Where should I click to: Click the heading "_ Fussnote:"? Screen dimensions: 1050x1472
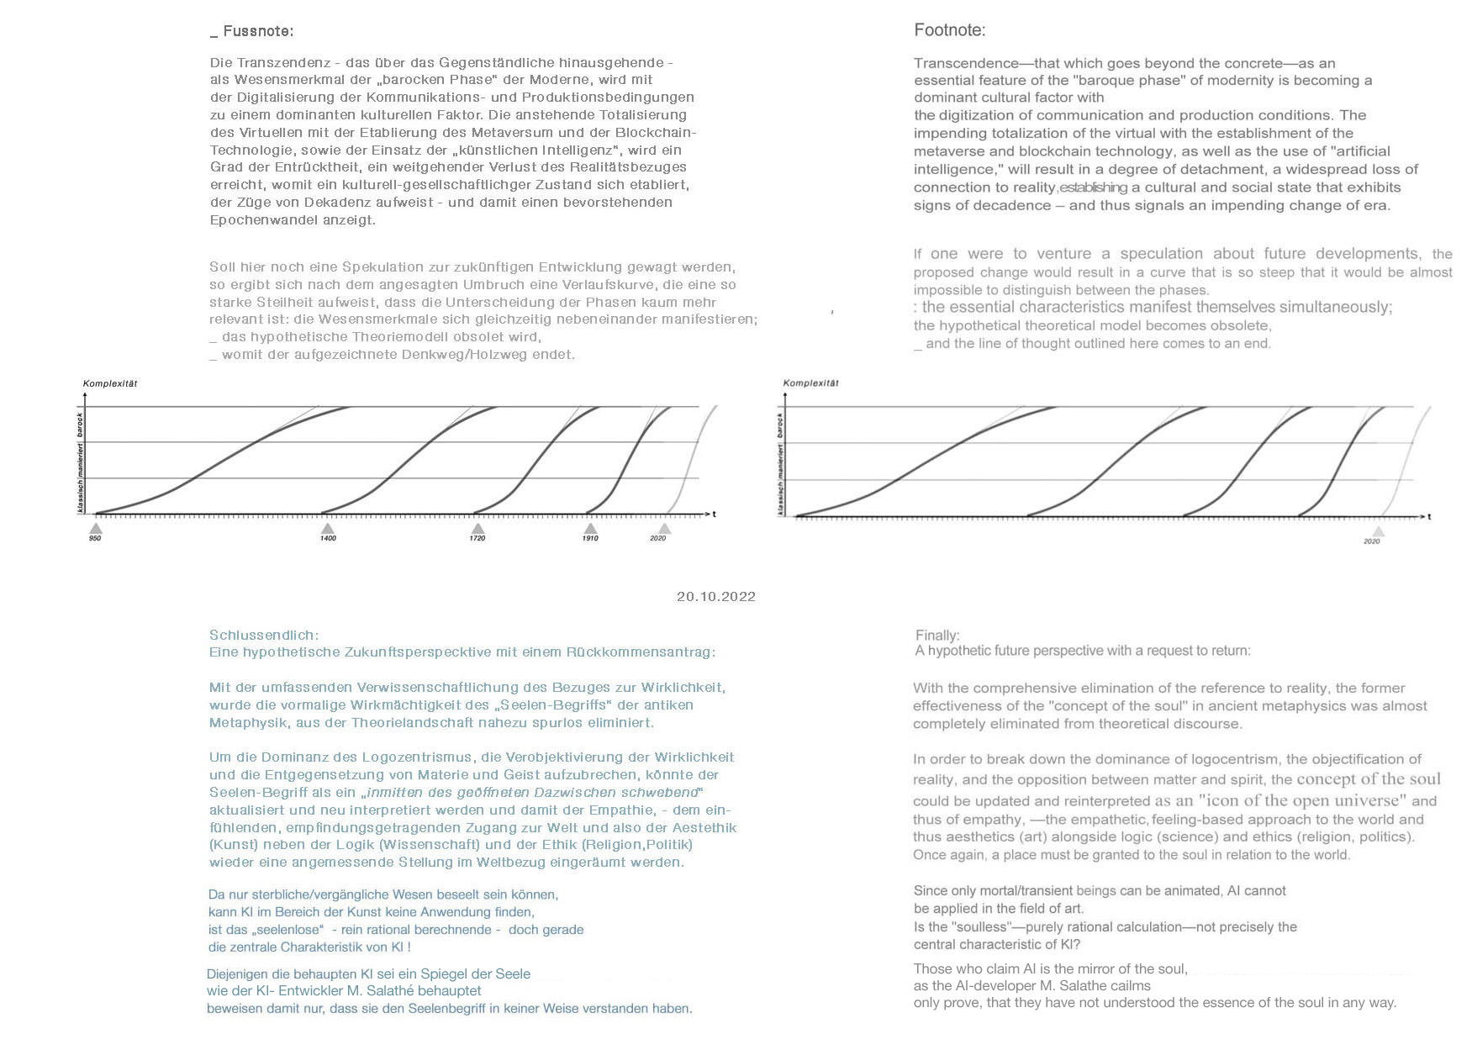(x=251, y=31)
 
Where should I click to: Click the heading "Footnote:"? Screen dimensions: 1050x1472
(x=949, y=30)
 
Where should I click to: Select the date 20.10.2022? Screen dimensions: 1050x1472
(x=715, y=597)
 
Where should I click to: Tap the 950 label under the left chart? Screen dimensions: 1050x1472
(x=95, y=538)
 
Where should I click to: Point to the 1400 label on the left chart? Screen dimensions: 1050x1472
(x=328, y=538)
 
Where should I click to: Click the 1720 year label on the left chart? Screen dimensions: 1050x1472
(x=477, y=538)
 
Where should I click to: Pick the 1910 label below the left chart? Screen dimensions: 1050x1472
(x=590, y=538)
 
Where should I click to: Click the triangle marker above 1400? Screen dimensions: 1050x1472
(x=327, y=528)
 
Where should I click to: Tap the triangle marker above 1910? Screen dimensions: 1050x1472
(x=590, y=528)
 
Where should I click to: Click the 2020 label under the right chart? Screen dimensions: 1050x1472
(x=1371, y=541)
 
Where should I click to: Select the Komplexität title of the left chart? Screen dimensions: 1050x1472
(x=110, y=383)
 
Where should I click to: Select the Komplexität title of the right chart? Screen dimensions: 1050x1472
(x=810, y=383)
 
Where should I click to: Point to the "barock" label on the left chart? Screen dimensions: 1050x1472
(x=81, y=424)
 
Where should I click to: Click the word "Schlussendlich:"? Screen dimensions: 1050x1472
(x=264, y=636)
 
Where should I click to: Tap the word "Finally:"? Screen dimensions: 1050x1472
(x=937, y=636)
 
